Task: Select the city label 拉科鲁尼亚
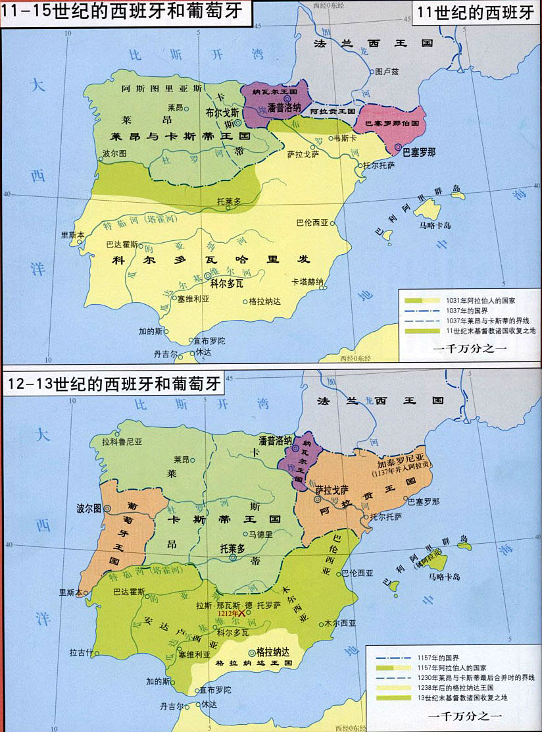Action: pos(127,442)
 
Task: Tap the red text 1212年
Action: pos(225,613)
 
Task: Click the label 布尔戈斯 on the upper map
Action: pos(222,113)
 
